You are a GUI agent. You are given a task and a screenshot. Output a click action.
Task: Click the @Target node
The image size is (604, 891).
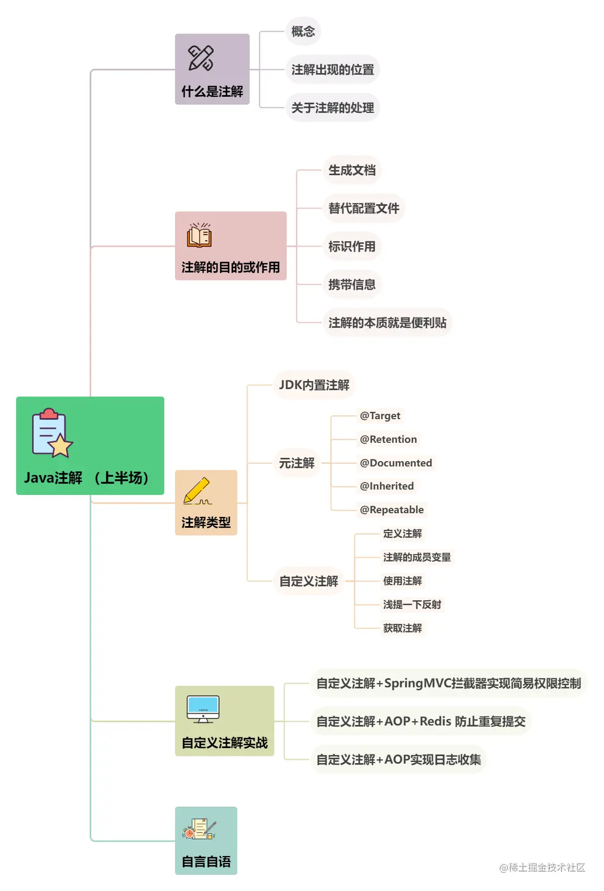click(380, 415)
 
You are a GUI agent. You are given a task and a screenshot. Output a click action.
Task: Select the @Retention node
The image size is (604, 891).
click(388, 439)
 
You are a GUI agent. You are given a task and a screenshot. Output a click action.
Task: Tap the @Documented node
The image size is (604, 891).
click(396, 463)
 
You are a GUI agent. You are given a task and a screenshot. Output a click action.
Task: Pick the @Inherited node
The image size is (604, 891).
click(387, 486)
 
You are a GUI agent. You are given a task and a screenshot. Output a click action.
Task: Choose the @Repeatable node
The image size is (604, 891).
click(391, 509)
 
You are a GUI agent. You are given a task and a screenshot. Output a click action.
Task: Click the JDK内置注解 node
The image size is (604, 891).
click(314, 385)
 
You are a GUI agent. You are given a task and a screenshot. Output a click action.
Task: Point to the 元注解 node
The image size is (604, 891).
click(296, 463)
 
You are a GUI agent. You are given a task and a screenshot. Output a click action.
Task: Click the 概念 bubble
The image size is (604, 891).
click(303, 31)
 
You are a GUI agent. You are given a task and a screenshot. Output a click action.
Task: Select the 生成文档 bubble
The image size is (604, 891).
click(352, 170)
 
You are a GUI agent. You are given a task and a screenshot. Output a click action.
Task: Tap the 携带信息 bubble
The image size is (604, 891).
click(352, 284)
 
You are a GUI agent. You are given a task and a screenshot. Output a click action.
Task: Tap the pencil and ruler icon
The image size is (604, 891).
click(201, 58)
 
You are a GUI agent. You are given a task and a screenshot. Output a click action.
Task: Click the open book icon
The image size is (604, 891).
click(199, 235)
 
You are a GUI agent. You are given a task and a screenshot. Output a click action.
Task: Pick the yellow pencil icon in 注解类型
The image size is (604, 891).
click(197, 491)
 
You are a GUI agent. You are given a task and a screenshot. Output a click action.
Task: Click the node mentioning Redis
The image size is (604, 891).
click(420, 721)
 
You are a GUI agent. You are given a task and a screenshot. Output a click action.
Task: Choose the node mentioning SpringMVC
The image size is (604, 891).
click(448, 683)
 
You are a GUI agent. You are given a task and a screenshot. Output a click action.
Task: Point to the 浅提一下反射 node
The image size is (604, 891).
click(412, 605)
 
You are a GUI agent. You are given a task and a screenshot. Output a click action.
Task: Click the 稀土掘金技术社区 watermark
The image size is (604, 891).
click(542, 867)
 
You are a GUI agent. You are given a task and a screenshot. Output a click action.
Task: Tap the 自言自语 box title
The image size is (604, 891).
click(206, 861)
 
